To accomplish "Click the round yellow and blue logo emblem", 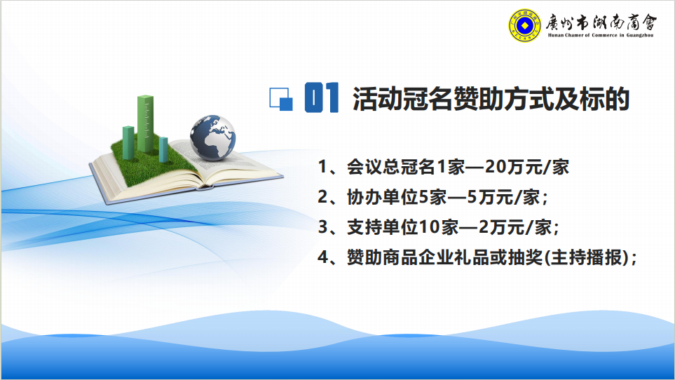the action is point(524,25).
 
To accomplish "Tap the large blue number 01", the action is point(321,97).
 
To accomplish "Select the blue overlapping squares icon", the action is point(281,100).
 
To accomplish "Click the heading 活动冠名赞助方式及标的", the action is point(491,99).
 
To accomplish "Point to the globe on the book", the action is point(212,137).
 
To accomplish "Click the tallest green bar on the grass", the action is point(146,124).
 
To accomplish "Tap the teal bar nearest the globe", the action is point(163,149).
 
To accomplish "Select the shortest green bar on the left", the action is point(128,142).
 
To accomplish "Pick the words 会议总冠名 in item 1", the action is point(391,167).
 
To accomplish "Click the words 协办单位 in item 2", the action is point(382,197).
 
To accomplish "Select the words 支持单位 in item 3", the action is point(382,227).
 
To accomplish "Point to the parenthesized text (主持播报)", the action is point(587,257).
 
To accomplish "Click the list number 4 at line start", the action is point(323,257).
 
